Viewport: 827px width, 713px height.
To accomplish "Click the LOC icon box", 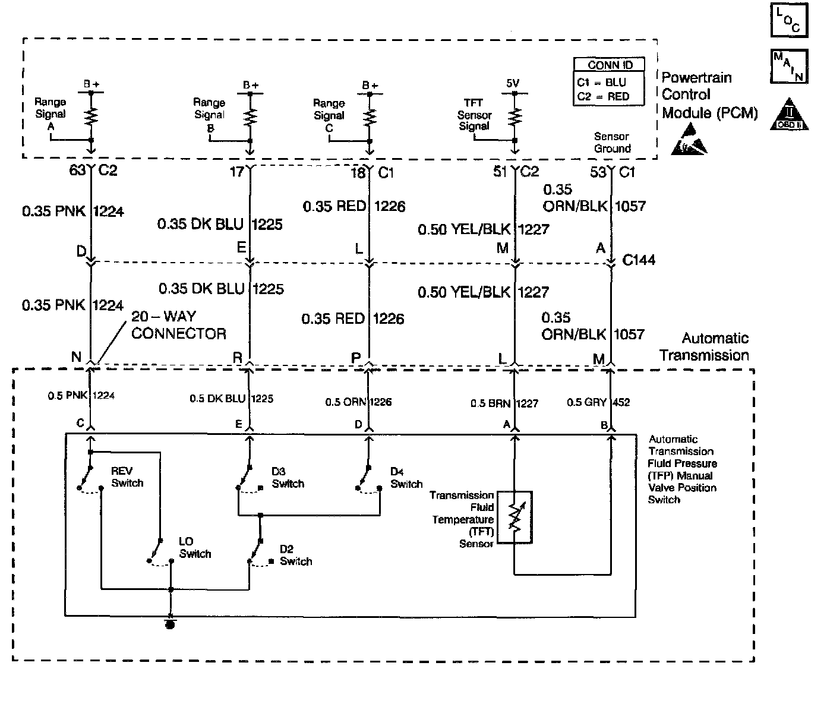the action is pos(789,20).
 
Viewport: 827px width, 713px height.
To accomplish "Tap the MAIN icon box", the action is pos(789,66).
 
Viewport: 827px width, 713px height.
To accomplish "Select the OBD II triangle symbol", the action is pos(789,114).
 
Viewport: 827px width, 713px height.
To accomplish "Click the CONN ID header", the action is pos(610,65).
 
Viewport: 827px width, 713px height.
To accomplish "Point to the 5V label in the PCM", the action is pos(513,83).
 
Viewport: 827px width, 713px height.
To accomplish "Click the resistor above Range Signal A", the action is pos(91,116).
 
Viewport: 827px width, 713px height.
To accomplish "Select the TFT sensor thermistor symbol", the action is pos(514,517).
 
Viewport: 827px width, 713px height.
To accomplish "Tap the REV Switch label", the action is pos(127,477).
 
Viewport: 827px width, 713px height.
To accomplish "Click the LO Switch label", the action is pos(195,547).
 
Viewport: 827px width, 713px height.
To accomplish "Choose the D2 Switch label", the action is pos(296,555).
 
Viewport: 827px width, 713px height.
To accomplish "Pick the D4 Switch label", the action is pos(406,478).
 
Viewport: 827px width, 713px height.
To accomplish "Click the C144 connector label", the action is pos(639,260).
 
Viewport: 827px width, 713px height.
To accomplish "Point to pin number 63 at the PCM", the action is pos(77,170).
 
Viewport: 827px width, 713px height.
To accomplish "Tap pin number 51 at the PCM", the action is pos(500,172).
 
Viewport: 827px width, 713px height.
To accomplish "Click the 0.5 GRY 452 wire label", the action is pos(598,402).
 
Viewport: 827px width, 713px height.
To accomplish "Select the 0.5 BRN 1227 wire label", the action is pos(504,403).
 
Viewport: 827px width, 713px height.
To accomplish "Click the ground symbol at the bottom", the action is pos(171,624).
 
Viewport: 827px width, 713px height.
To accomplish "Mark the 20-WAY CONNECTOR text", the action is pos(178,325).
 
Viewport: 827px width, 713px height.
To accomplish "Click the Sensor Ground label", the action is pos(612,143).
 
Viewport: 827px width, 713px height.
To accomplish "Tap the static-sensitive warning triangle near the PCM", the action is pos(689,140).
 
